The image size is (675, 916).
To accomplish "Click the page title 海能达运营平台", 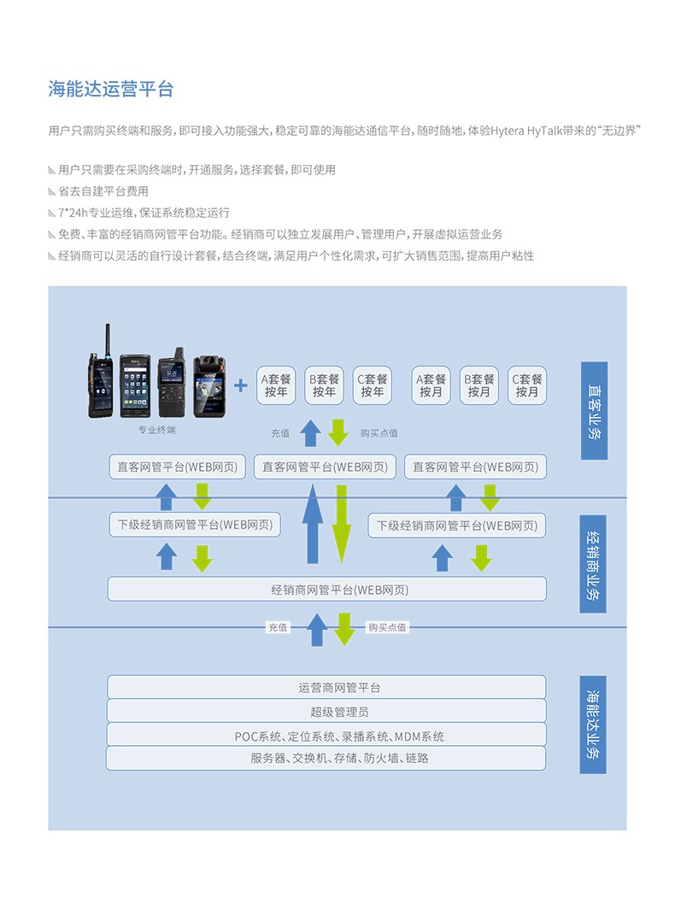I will [x=111, y=89].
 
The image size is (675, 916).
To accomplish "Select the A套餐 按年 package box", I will [x=276, y=385].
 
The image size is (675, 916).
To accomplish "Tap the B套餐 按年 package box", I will [x=324, y=385].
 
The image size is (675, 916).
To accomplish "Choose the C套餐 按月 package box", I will [x=527, y=385].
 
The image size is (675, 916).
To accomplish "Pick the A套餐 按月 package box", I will [x=431, y=385].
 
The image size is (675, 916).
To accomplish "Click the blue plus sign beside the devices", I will [x=241, y=385].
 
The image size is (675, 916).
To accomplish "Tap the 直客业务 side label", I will [x=594, y=410].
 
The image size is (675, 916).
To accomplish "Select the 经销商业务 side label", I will [x=593, y=563].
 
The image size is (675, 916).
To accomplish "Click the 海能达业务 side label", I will [x=593, y=725].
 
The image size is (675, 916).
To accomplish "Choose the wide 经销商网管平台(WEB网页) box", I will [x=326, y=589].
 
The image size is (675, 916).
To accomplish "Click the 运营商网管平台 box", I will [x=326, y=687].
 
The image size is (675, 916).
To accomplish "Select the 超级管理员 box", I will [x=326, y=711].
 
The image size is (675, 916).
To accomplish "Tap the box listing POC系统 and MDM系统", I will [x=326, y=735].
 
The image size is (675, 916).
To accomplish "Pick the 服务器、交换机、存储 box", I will [x=326, y=758].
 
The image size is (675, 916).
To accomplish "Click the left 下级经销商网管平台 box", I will [x=195, y=525].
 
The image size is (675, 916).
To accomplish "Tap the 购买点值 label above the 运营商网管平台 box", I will [x=387, y=627].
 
